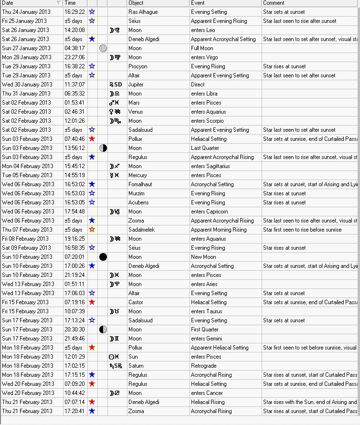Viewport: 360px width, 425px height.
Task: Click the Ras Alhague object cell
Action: pos(143,12)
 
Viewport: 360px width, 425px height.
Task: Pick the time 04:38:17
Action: pos(74,48)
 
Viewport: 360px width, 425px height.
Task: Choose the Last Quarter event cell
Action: pos(204,148)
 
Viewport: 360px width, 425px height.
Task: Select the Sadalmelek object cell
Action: pos(142,230)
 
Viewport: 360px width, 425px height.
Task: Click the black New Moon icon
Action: pos(103,257)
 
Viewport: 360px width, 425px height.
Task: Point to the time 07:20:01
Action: pos(74,257)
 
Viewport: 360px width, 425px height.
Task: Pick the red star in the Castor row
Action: pos(92,302)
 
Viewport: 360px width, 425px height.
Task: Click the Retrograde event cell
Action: pos(204,366)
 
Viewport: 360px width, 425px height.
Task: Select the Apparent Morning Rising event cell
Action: pos(219,230)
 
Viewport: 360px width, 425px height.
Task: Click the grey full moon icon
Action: pos(103,48)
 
